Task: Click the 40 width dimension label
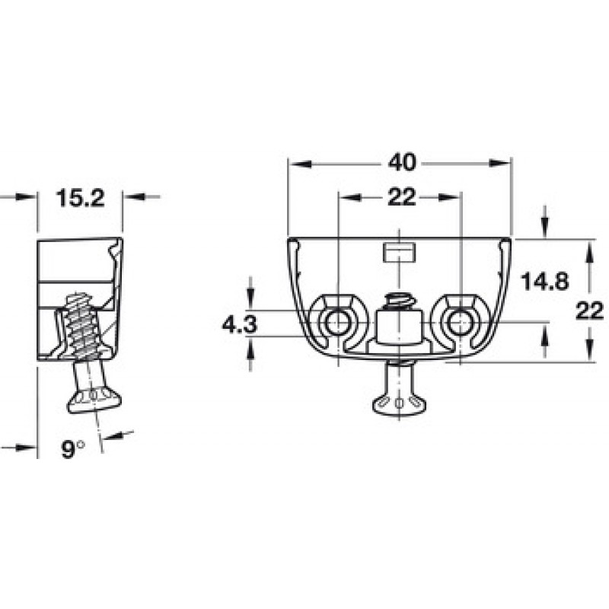(x=403, y=163)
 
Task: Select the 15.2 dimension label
(x=81, y=198)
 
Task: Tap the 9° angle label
(x=72, y=449)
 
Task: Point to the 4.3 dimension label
(x=240, y=324)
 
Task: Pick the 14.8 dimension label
(x=544, y=281)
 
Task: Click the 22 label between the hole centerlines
(x=402, y=197)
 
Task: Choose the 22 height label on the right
(x=589, y=311)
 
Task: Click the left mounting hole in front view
(x=338, y=322)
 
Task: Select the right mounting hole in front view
(x=461, y=322)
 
